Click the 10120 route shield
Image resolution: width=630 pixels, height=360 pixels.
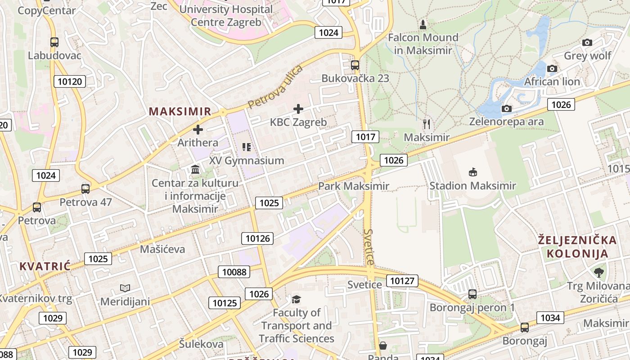[70, 81]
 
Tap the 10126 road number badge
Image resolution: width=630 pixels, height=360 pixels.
[257, 238]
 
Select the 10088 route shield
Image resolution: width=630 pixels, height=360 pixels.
[234, 272]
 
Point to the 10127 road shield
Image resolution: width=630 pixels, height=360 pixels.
[402, 281]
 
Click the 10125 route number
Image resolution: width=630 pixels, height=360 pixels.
[225, 303]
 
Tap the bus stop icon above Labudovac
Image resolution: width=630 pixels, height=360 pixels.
[54, 42]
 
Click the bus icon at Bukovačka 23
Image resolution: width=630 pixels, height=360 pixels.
[355, 65]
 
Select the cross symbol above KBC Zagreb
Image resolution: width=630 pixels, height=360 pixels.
[298, 108]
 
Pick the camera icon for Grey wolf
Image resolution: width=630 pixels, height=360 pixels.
[587, 43]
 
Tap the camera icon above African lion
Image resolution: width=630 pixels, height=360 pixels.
[552, 69]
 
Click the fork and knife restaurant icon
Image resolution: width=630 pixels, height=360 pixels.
[427, 124]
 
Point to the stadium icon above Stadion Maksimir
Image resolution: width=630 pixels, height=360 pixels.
[472, 172]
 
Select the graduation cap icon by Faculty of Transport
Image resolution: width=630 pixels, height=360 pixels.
[296, 299]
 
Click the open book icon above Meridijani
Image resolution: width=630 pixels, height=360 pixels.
[125, 288]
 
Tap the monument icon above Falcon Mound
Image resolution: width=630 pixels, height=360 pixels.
[423, 24]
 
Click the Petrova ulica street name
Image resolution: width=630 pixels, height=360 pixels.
[275, 87]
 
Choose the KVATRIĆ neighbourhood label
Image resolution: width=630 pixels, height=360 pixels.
[45, 266]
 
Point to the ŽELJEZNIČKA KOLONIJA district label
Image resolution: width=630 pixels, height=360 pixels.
[573, 247]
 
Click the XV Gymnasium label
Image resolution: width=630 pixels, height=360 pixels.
[247, 161]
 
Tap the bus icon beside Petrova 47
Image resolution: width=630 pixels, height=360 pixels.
[85, 189]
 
